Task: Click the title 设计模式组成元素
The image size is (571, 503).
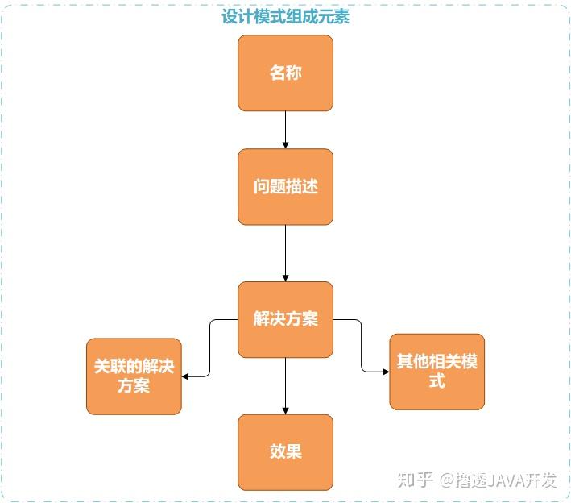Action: click(285, 17)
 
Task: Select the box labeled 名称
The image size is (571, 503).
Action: click(285, 73)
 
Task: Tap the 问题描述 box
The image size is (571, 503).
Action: click(285, 186)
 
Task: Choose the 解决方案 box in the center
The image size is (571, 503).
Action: click(285, 319)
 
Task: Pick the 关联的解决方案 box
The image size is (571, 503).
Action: click(134, 376)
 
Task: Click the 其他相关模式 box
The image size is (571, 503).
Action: click(437, 371)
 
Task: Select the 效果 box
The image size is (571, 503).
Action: click(285, 451)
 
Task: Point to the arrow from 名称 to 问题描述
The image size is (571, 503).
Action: click(285, 129)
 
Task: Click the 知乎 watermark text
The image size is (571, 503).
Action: click(416, 480)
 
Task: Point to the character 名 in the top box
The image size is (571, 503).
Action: click(277, 73)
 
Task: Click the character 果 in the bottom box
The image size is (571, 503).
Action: click(294, 451)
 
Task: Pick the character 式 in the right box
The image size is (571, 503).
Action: click(437, 380)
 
